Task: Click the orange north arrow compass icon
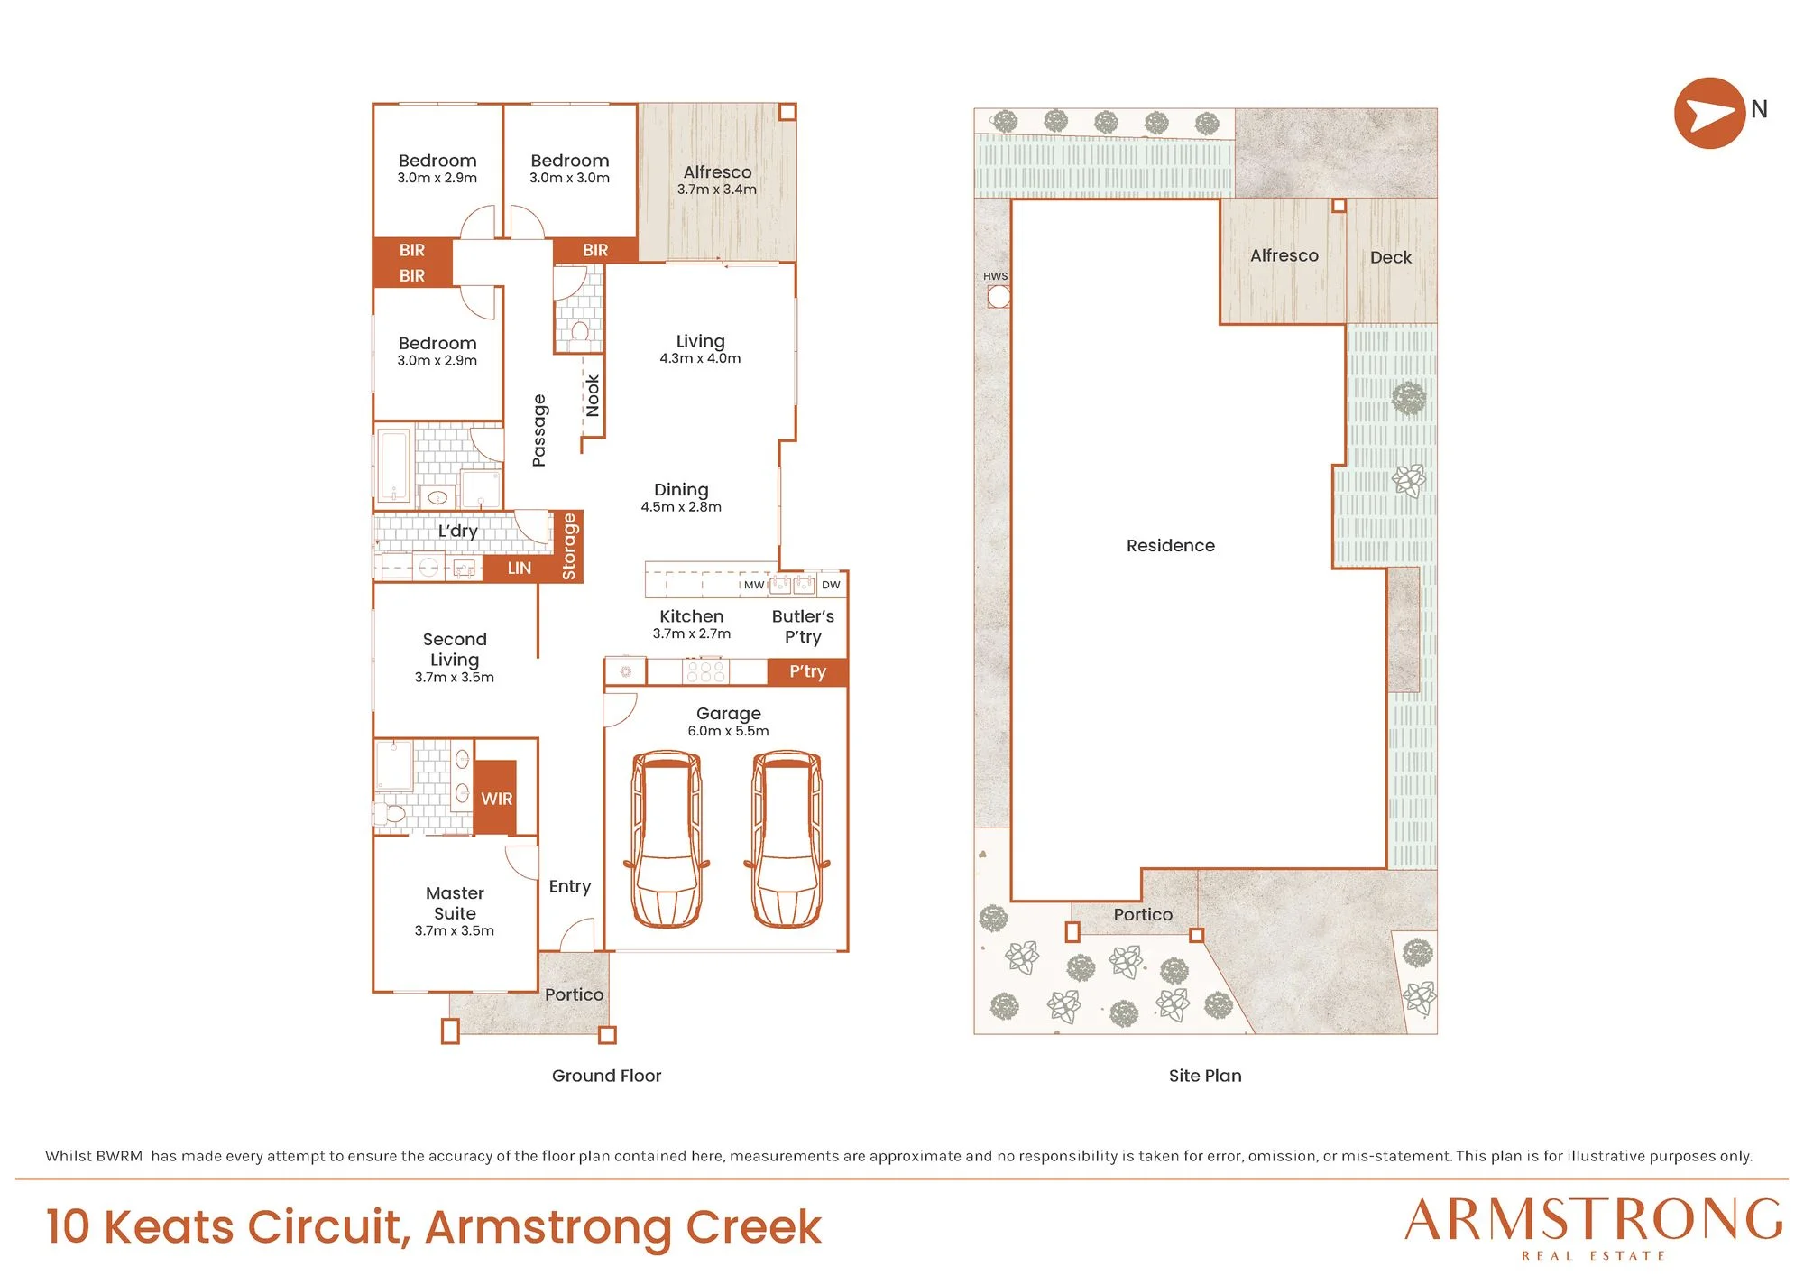(1709, 113)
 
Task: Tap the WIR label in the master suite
(496, 799)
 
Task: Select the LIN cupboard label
(519, 568)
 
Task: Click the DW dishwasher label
(831, 585)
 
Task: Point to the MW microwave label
(754, 585)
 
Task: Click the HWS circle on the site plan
(999, 296)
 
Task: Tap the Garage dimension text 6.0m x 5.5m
(728, 731)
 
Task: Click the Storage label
(568, 546)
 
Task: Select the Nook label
(592, 395)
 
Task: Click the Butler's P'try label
(803, 626)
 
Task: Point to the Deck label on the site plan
(1391, 257)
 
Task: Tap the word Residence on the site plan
(1171, 545)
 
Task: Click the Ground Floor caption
(606, 1076)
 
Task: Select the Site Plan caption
(1205, 1076)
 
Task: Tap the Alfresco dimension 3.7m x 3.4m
(717, 190)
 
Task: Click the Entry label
(570, 887)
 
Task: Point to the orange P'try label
(807, 671)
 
